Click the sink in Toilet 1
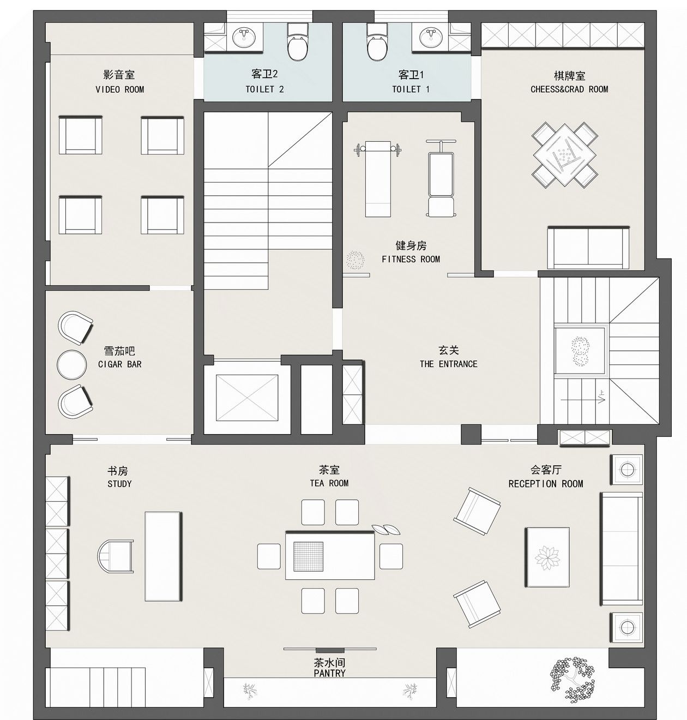432,37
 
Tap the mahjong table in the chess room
565,155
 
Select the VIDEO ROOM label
120,89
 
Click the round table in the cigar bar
72,365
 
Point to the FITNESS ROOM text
411,259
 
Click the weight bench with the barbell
378,179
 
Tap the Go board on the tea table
309,556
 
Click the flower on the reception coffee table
547,558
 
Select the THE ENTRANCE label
449,364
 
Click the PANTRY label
329,673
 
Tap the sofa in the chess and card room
588,248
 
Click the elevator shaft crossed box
247,398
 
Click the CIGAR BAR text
120,364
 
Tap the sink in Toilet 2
245,37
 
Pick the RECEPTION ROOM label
546,484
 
